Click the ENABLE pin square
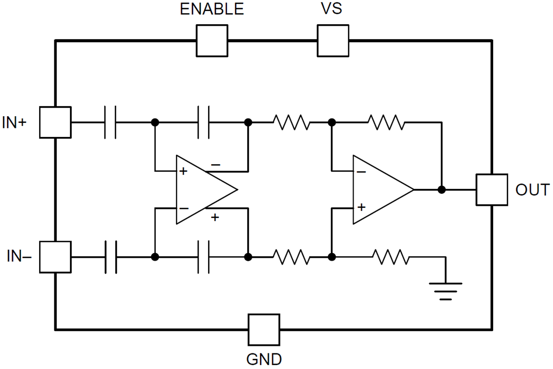click(212, 41)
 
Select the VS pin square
click(332, 41)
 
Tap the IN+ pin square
click(55, 122)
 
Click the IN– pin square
click(55, 257)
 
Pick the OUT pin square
click(491, 190)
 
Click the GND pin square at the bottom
click(263, 329)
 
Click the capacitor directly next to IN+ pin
click(111, 122)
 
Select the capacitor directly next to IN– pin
click(111, 257)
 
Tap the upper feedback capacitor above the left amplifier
click(204, 122)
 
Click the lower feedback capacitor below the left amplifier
click(204, 257)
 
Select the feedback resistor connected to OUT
click(386, 122)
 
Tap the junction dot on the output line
click(441, 190)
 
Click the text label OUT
click(532, 190)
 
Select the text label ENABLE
click(212, 9)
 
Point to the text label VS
click(332, 9)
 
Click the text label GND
click(264, 360)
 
